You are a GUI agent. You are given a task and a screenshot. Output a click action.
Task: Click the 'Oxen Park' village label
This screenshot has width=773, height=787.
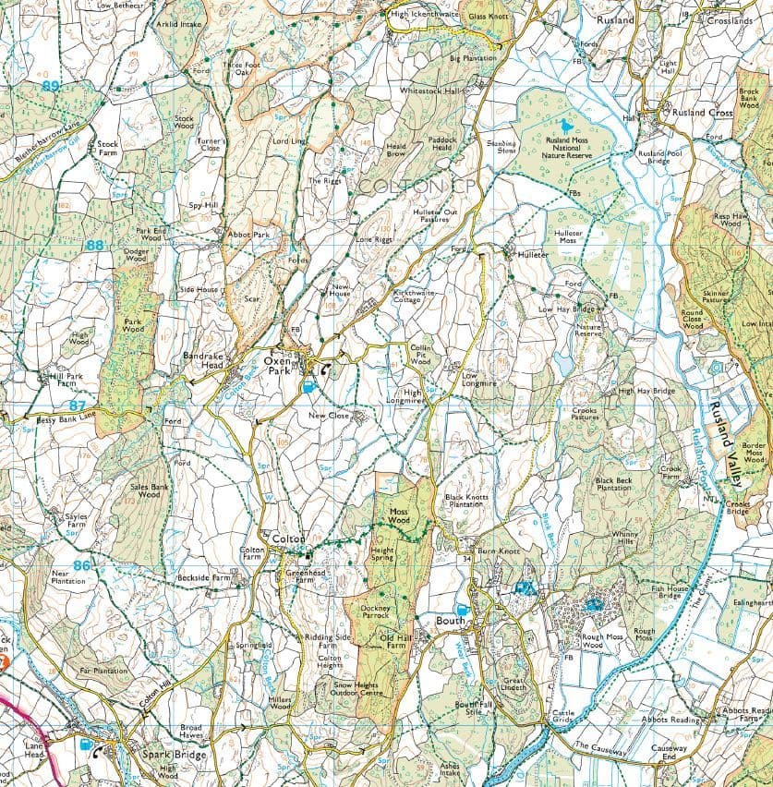pyautogui.click(x=276, y=365)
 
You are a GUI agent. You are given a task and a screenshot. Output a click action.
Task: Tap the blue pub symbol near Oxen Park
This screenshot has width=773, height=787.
pyautogui.click(x=308, y=388)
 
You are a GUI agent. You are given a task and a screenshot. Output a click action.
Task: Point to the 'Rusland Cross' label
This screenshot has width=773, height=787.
pyautogui.click(x=701, y=113)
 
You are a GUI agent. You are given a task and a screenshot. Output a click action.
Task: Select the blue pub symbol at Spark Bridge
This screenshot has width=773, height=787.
pyautogui.click(x=85, y=743)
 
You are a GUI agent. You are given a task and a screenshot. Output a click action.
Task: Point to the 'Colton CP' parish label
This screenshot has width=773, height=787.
pyautogui.click(x=406, y=187)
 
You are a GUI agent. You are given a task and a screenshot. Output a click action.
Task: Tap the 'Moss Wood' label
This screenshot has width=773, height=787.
pyautogui.click(x=398, y=516)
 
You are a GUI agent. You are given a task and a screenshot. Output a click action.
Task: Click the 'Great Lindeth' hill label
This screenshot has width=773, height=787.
pyautogui.click(x=513, y=683)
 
